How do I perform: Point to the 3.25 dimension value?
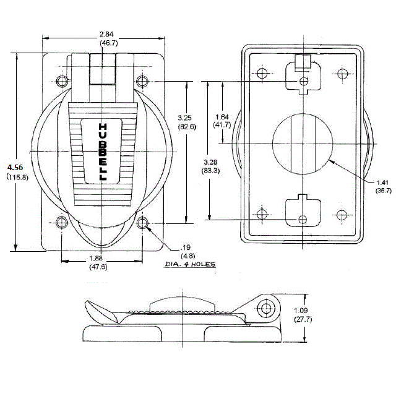click(x=186, y=117)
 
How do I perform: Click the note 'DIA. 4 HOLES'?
click(x=190, y=264)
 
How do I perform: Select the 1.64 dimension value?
click(x=222, y=117)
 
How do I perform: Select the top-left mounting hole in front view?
click(x=62, y=81)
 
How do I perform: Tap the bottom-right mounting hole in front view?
click(x=143, y=223)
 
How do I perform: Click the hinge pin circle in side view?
click(x=267, y=308)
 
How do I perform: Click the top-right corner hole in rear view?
click(x=342, y=74)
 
